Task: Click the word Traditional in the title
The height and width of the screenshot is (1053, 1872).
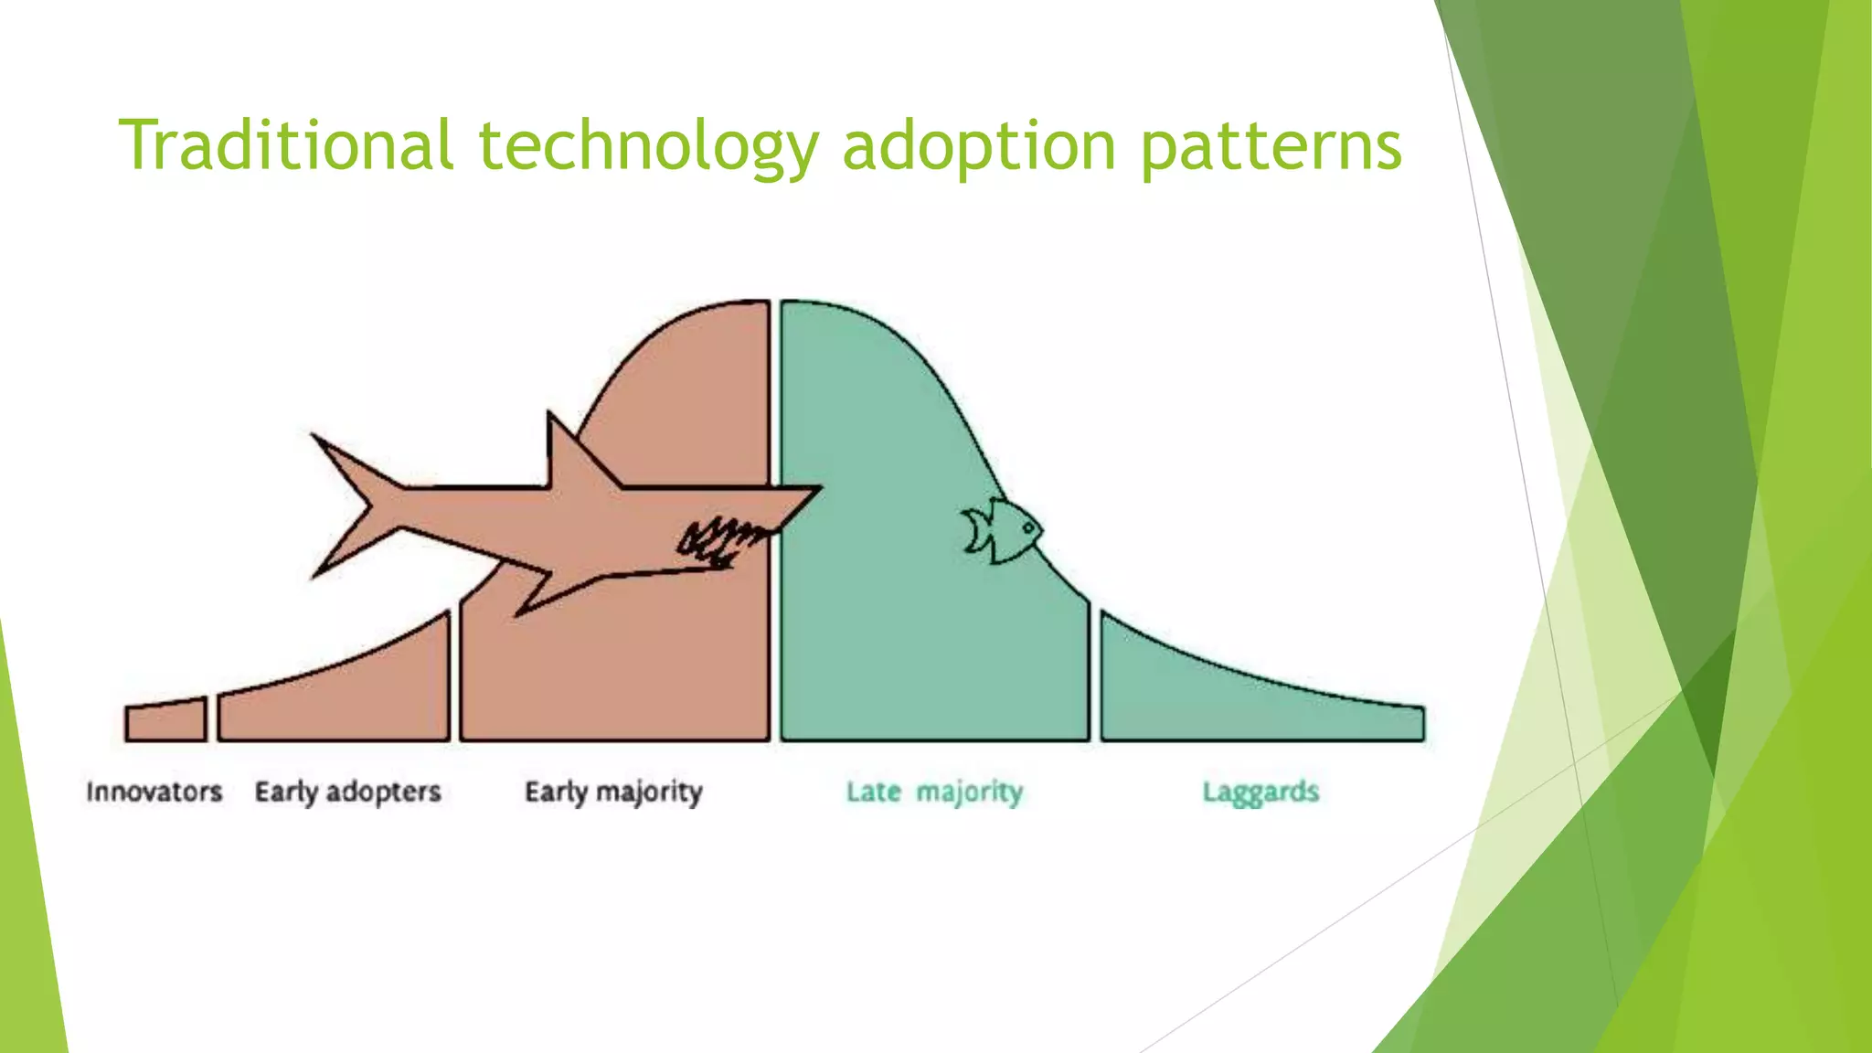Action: (x=286, y=146)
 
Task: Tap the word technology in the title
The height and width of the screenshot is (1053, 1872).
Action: (x=648, y=146)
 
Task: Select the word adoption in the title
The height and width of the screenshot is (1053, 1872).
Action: (x=979, y=146)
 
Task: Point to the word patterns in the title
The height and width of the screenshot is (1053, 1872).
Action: (x=1271, y=146)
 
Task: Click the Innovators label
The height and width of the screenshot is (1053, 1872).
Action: (x=154, y=792)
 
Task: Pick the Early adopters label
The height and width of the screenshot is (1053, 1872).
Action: (x=347, y=792)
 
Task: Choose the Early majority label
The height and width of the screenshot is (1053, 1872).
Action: (x=613, y=792)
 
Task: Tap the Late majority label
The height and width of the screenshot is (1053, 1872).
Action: (x=934, y=792)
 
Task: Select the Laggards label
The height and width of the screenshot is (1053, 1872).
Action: (x=1260, y=792)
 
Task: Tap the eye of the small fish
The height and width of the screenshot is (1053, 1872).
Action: (x=1027, y=527)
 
